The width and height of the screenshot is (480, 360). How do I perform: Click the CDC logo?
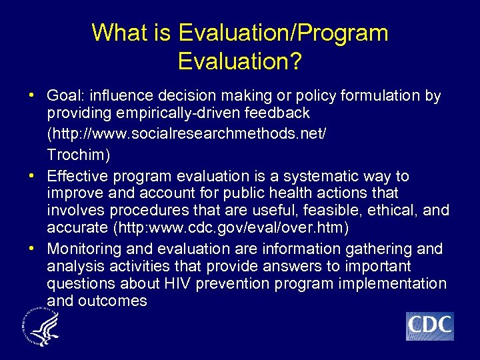(429, 326)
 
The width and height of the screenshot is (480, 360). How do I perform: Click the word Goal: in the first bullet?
(66, 96)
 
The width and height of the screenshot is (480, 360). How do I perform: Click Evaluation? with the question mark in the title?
(240, 61)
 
